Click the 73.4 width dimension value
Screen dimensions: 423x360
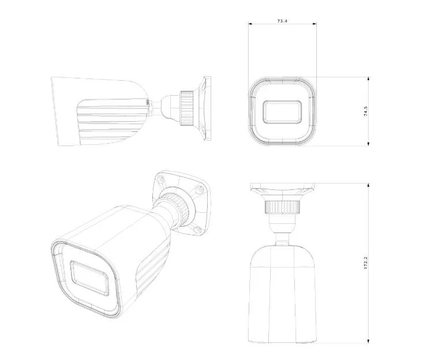pyautogui.click(x=282, y=21)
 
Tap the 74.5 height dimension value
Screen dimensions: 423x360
pyautogui.click(x=366, y=111)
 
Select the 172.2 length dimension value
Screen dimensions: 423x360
pyautogui.click(x=366, y=262)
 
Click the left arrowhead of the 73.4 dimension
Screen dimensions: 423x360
pyautogui.click(x=250, y=24)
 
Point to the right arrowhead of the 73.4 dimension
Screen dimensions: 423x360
pyautogui.click(x=315, y=24)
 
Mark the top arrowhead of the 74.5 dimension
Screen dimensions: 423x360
pyautogui.click(x=369, y=78)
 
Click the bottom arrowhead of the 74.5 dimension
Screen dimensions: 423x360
pyautogui.click(x=369, y=145)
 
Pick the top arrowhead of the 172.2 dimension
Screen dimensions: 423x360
pyautogui.click(x=369, y=185)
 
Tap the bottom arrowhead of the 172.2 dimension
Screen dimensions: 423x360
pyautogui.click(x=369, y=341)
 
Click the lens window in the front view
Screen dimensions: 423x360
pyautogui.click(x=282, y=112)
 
